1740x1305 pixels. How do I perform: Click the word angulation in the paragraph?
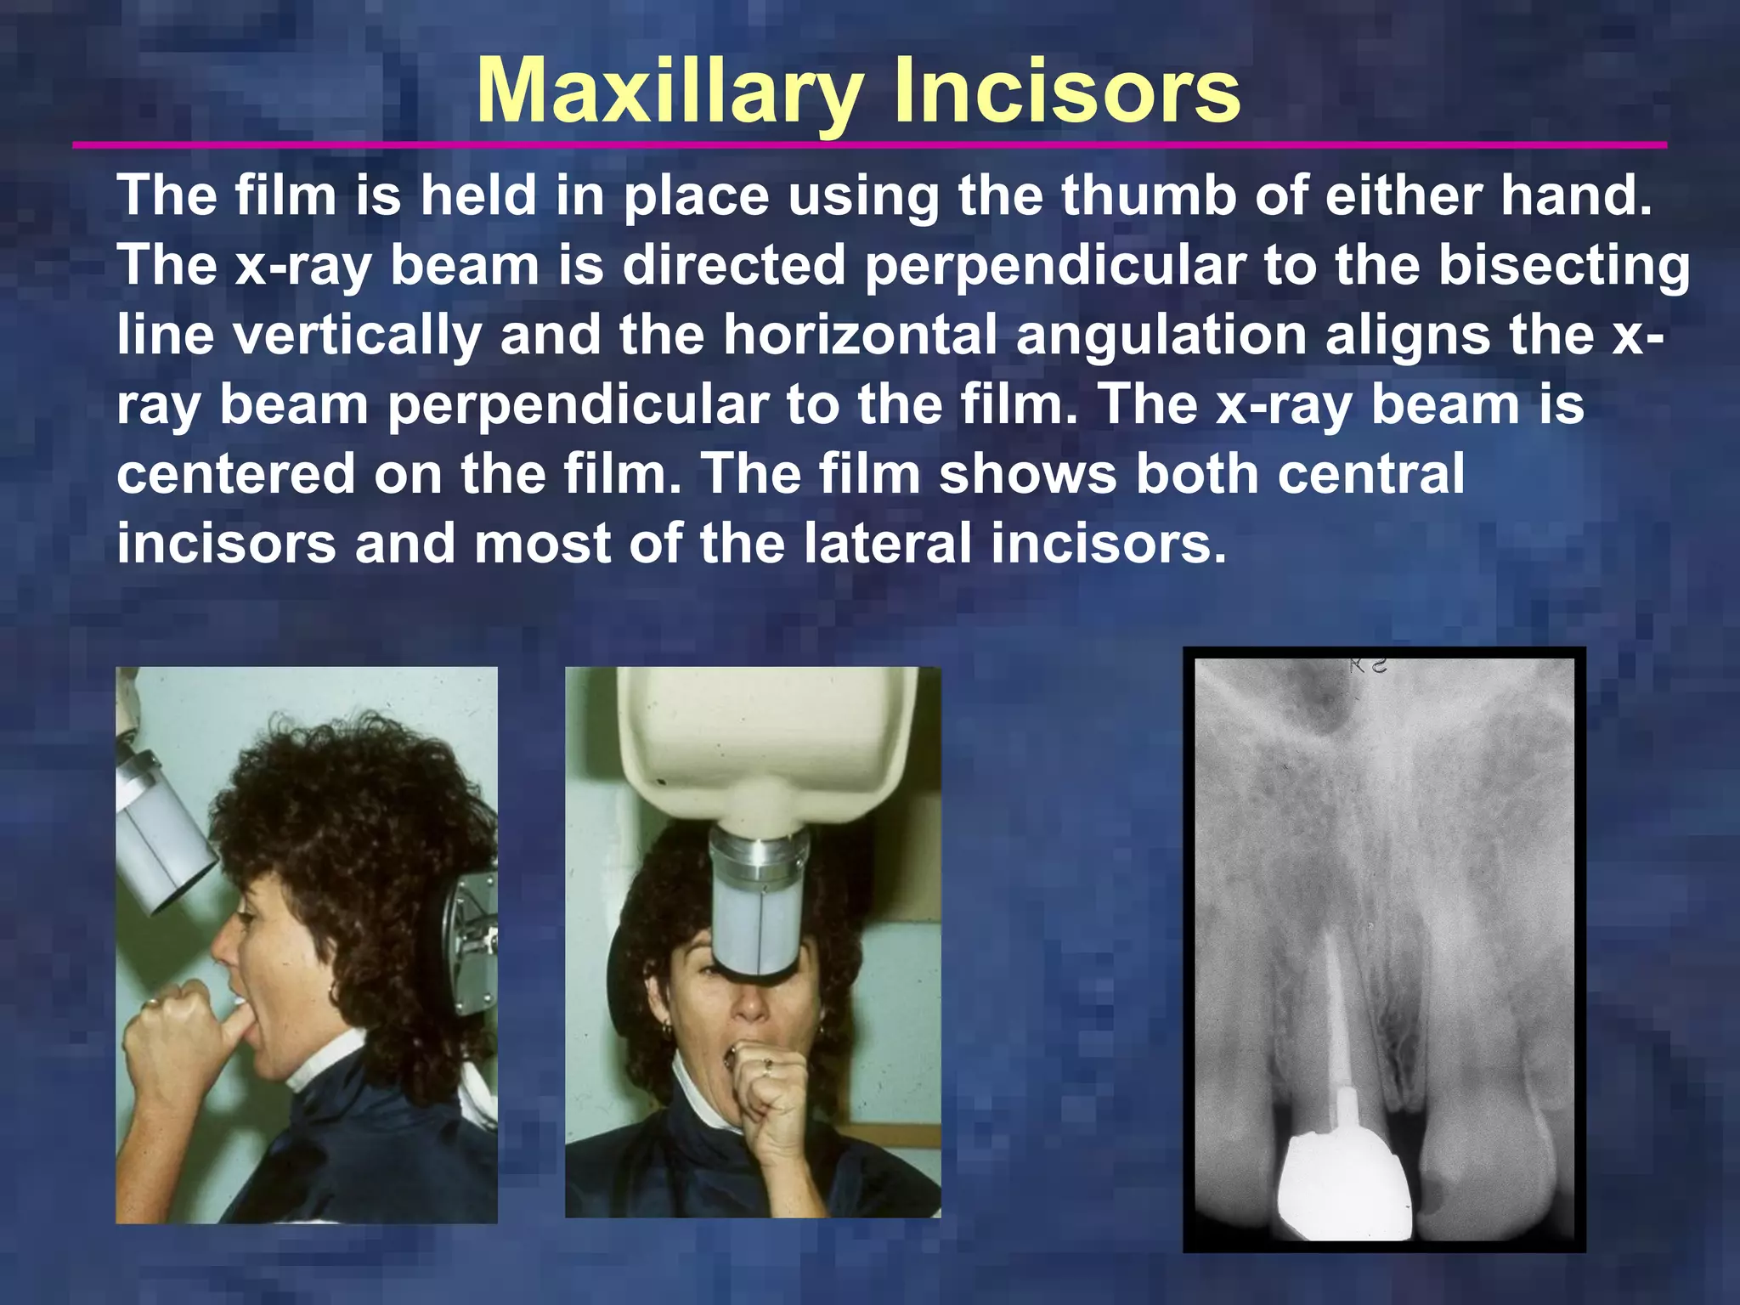[1161, 335]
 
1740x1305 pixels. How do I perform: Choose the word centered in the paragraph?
[236, 473]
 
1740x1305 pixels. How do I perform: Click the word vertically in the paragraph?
[357, 335]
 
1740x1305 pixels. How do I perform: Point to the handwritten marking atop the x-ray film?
[1368, 665]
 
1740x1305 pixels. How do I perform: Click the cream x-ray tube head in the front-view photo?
[765, 739]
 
